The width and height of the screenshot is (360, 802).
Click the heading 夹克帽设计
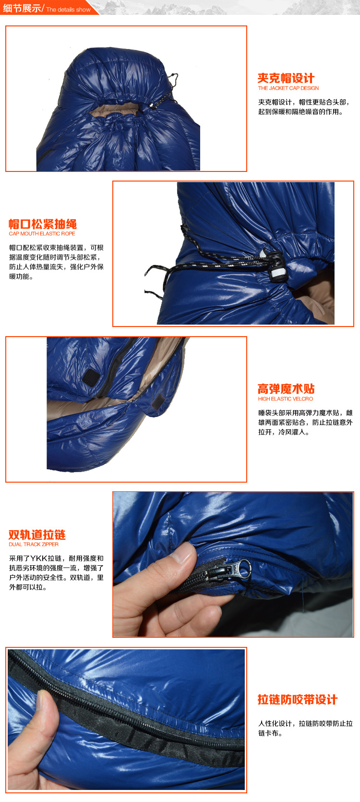[x=286, y=78]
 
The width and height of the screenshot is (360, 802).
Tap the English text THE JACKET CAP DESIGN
[x=288, y=88]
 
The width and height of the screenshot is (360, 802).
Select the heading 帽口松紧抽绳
[x=43, y=224]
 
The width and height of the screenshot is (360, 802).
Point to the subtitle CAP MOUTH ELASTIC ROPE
[x=42, y=234]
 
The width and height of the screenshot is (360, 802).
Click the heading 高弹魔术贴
[x=286, y=389]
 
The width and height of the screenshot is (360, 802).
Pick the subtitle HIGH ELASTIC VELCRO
[x=285, y=399]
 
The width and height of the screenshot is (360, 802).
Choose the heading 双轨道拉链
[x=37, y=535]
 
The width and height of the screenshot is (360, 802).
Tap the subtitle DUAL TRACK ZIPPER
[x=34, y=545]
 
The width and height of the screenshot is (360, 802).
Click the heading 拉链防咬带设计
[x=298, y=700]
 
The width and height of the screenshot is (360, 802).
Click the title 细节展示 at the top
[x=22, y=8]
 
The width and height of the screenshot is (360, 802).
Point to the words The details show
[x=68, y=10]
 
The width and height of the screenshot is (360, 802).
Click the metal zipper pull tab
[x=242, y=569]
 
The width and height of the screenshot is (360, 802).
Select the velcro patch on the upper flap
[x=90, y=376]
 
